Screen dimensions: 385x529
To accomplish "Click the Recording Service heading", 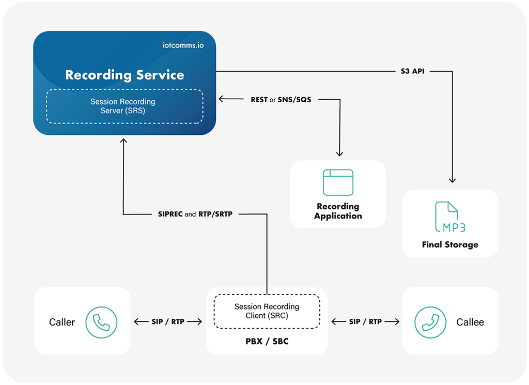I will tap(124, 75).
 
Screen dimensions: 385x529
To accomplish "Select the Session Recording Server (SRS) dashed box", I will tap(124, 106).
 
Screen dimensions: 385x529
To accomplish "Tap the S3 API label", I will tap(412, 71).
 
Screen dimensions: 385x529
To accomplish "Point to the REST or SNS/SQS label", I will tap(281, 99).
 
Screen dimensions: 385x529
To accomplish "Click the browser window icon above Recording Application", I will tap(338, 182).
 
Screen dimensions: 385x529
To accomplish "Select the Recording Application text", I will tap(338, 211).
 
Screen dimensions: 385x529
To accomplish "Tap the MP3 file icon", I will tap(447, 217).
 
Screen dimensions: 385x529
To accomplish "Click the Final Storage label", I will tap(450, 244).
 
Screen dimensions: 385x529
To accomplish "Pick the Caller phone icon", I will tap(101, 322).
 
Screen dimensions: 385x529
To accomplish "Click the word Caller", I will tap(62, 322).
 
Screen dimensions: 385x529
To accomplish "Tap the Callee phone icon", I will tap(430, 322).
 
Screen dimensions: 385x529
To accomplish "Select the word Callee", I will tap(470, 322).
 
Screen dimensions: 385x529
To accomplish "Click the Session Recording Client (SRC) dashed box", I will tap(267, 311).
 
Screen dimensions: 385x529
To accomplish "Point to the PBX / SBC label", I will tap(267, 342).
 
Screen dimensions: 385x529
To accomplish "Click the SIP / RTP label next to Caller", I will tap(168, 321).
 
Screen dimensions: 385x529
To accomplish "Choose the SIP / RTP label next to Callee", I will tap(365, 321).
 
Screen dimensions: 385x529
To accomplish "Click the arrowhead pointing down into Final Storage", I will tap(452, 180).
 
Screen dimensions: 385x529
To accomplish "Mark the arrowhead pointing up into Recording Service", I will tap(123, 141).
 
